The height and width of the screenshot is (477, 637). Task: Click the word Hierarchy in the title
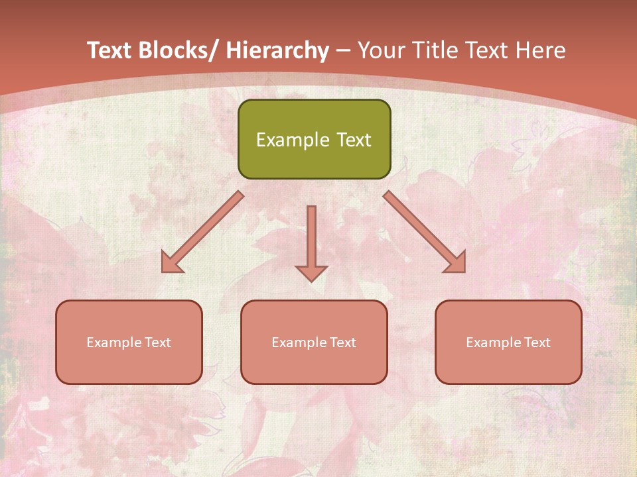pos(277,50)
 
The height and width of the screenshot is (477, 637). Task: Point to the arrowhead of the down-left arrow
pos(171,263)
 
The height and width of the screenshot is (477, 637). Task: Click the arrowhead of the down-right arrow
pos(456,263)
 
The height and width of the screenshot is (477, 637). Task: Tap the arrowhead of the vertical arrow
pos(312,272)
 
